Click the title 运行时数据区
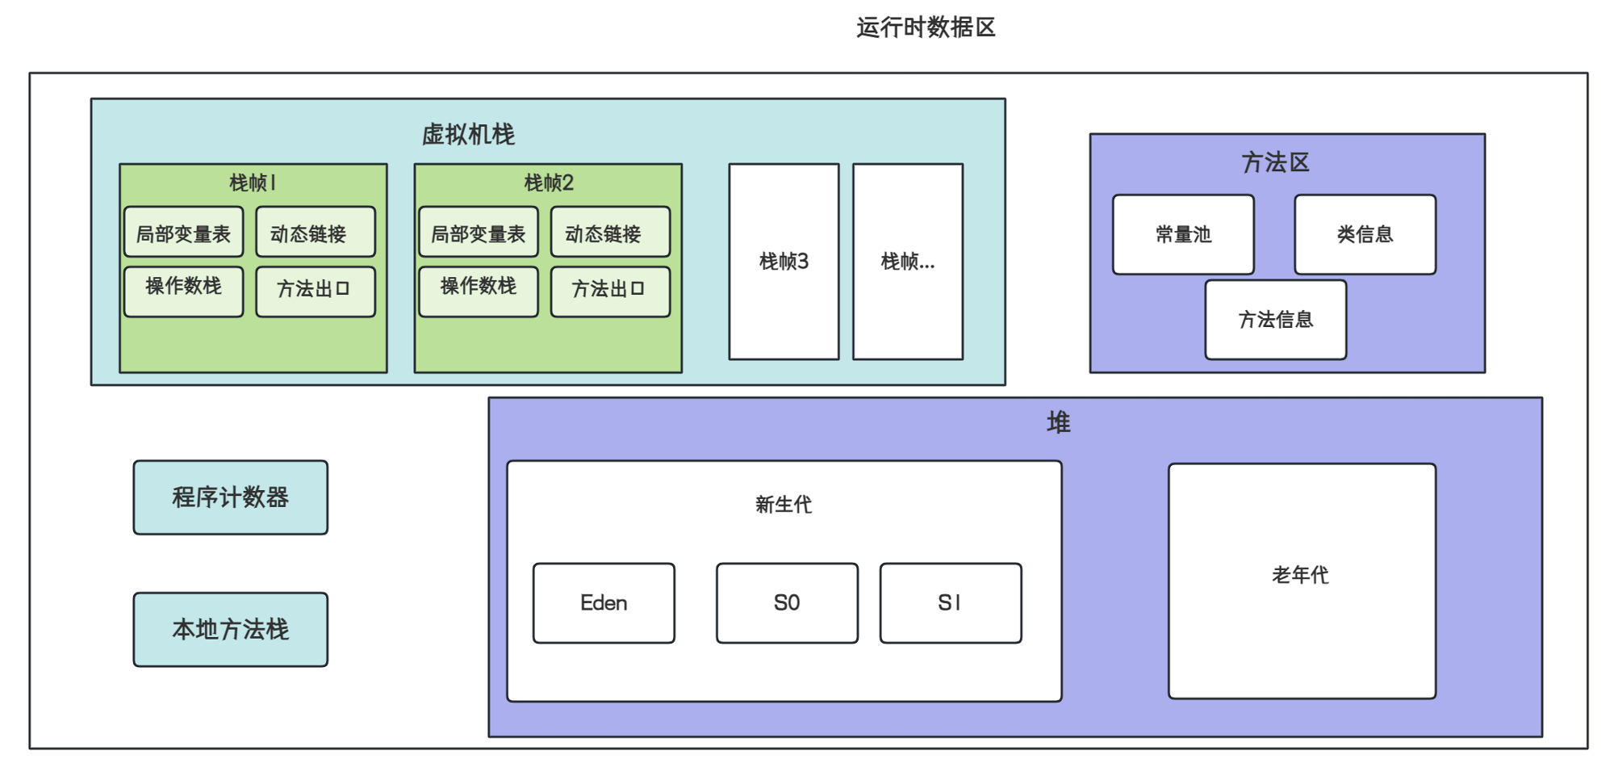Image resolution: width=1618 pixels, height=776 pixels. [x=926, y=27]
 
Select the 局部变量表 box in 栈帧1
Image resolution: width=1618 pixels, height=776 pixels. [x=184, y=233]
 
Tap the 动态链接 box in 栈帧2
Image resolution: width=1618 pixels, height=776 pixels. [x=610, y=233]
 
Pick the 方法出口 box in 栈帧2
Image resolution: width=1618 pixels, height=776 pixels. [x=610, y=291]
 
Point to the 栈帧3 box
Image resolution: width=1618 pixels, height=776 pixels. [x=784, y=262]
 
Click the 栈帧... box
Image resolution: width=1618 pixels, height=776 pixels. [x=908, y=262]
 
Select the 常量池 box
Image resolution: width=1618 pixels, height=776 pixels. [x=1183, y=234]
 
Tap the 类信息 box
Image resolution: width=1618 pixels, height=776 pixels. [x=1365, y=234]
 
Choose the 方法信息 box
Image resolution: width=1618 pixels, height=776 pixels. [x=1275, y=320]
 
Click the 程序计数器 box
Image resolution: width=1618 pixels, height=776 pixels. [x=231, y=497]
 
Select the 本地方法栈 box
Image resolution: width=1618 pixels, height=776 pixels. [x=231, y=630]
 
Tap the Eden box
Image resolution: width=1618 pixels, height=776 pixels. [x=604, y=603]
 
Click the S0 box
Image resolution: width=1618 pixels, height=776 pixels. [x=787, y=603]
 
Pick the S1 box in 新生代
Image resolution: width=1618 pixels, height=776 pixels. [x=951, y=603]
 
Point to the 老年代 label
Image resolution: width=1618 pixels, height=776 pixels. [x=1300, y=575]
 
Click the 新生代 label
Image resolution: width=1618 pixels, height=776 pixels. [x=784, y=505]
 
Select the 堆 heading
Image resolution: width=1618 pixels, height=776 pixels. [x=1058, y=422]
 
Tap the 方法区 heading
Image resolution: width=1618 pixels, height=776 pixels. [x=1275, y=163]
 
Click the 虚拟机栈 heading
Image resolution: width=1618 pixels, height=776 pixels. [x=468, y=135]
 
